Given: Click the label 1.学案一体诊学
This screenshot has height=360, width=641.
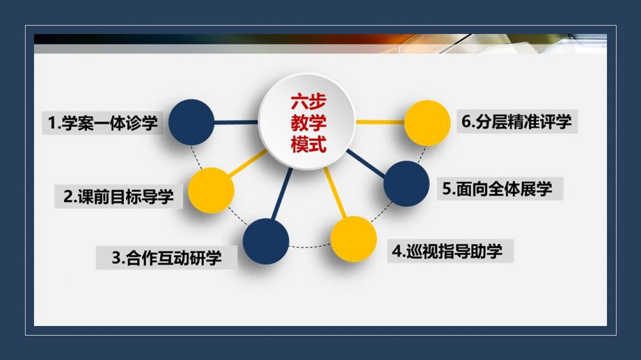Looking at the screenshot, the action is click(103, 122).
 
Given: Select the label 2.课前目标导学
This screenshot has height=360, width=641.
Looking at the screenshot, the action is click(119, 197).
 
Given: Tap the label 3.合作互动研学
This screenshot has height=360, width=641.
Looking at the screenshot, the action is click(167, 258).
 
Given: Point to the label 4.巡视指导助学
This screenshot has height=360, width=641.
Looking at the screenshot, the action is click(447, 251).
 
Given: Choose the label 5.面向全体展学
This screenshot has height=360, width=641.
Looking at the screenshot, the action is click(497, 188).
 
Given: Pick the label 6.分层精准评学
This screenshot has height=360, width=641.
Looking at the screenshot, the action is click(516, 121).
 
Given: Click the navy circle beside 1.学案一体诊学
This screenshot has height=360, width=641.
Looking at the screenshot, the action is click(191, 122).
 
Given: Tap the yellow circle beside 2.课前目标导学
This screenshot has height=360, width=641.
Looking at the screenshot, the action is click(211, 190).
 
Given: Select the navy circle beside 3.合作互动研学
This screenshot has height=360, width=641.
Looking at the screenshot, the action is click(266, 241).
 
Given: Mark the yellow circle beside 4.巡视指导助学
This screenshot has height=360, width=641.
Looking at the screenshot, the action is click(354, 239).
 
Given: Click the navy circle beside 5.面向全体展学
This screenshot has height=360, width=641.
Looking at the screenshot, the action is click(406, 183).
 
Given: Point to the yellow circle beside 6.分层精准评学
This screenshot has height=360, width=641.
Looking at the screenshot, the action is click(427, 123).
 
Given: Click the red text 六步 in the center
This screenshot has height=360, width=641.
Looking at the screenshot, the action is click(309, 102).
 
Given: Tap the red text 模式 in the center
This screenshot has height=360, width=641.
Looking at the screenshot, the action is click(309, 144).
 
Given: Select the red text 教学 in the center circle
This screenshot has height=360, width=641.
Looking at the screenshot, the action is click(309, 123).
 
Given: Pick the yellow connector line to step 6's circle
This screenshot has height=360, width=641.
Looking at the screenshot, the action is click(380, 122).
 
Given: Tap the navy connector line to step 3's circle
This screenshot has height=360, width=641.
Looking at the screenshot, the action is click(282, 194).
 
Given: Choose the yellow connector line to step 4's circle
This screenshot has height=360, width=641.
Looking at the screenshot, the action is click(335, 192).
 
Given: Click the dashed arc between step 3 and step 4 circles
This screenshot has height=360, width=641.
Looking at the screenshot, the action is click(310, 247).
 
